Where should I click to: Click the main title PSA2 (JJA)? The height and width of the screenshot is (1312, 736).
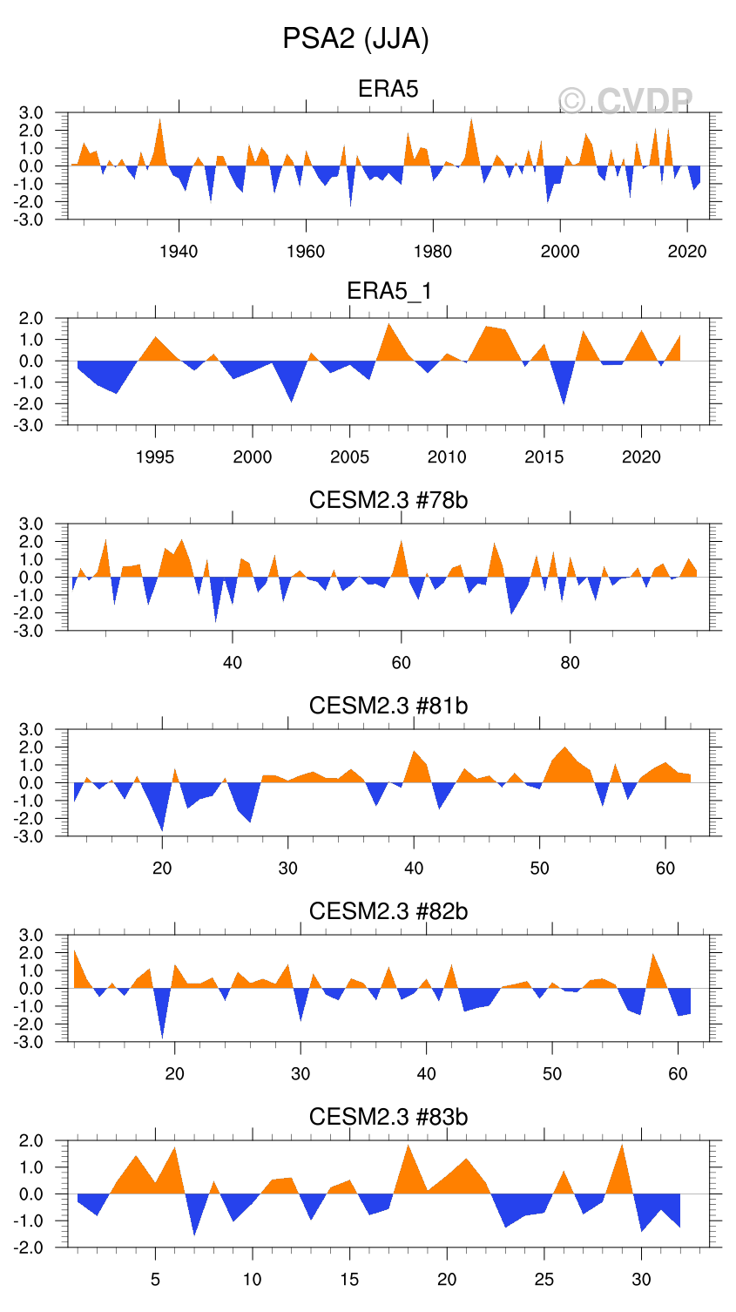point(355,39)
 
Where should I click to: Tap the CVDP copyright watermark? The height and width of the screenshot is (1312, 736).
point(625,102)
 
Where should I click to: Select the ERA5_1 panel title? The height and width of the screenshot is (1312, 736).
point(388,291)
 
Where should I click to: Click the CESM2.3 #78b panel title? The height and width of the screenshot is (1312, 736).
point(388,500)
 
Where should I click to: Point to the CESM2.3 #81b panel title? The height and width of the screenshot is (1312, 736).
point(388,706)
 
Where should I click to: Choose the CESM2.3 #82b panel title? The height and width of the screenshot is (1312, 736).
point(388,911)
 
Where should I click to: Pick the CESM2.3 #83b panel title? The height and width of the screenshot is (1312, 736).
point(388,1117)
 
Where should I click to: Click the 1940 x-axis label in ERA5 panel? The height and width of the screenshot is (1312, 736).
point(179,252)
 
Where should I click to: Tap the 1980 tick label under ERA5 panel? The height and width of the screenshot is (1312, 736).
point(433,252)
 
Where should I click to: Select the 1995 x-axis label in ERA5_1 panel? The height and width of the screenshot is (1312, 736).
point(155,457)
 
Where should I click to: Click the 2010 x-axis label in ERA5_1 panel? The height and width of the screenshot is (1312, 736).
point(447,457)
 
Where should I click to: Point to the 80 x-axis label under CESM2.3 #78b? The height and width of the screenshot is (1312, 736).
point(570,663)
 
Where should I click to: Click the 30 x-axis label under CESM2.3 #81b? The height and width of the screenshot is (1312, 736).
point(288,869)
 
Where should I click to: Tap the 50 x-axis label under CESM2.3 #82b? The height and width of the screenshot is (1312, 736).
point(552,1074)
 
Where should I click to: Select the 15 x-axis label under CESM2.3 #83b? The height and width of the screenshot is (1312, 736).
point(349,1280)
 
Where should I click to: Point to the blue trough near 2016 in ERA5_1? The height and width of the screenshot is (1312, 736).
point(564,397)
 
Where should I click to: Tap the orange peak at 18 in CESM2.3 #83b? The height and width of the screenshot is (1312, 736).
point(408,1152)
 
